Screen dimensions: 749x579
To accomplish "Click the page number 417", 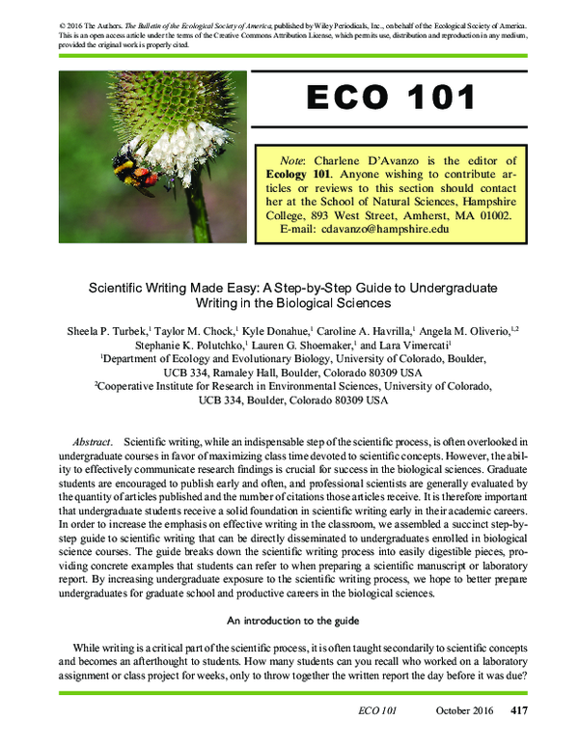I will pyautogui.click(x=518, y=711).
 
